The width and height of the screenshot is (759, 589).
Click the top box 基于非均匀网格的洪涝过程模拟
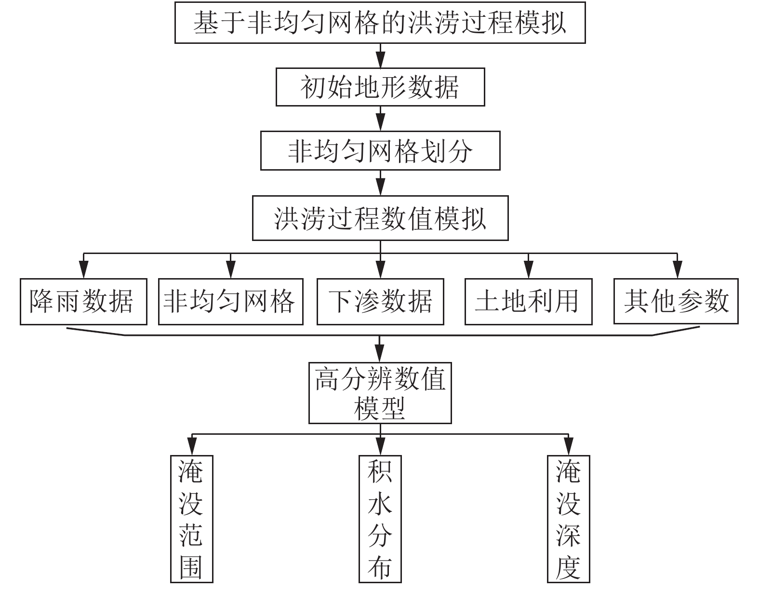(x=380, y=23)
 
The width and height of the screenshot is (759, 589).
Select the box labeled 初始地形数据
(x=380, y=87)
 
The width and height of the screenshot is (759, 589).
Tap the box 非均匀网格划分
(x=380, y=151)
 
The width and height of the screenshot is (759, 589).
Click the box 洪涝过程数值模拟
(x=380, y=218)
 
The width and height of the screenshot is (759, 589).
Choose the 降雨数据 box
(x=83, y=302)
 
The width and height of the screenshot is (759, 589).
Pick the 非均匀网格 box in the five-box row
(x=230, y=302)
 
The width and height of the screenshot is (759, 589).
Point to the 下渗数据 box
(x=380, y=302)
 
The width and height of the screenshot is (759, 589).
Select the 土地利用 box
(x=528, y=302)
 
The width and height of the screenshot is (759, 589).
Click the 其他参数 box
(x=676, y=302)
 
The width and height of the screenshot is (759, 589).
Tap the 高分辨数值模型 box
(x=380, y=393)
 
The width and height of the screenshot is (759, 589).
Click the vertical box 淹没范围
(x=191, y=519)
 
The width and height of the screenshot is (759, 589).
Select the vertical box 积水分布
(x=380, y=519)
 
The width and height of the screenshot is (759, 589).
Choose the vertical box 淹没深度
(x=569, y=519)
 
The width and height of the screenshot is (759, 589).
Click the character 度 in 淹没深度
(x=569, y=567)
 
